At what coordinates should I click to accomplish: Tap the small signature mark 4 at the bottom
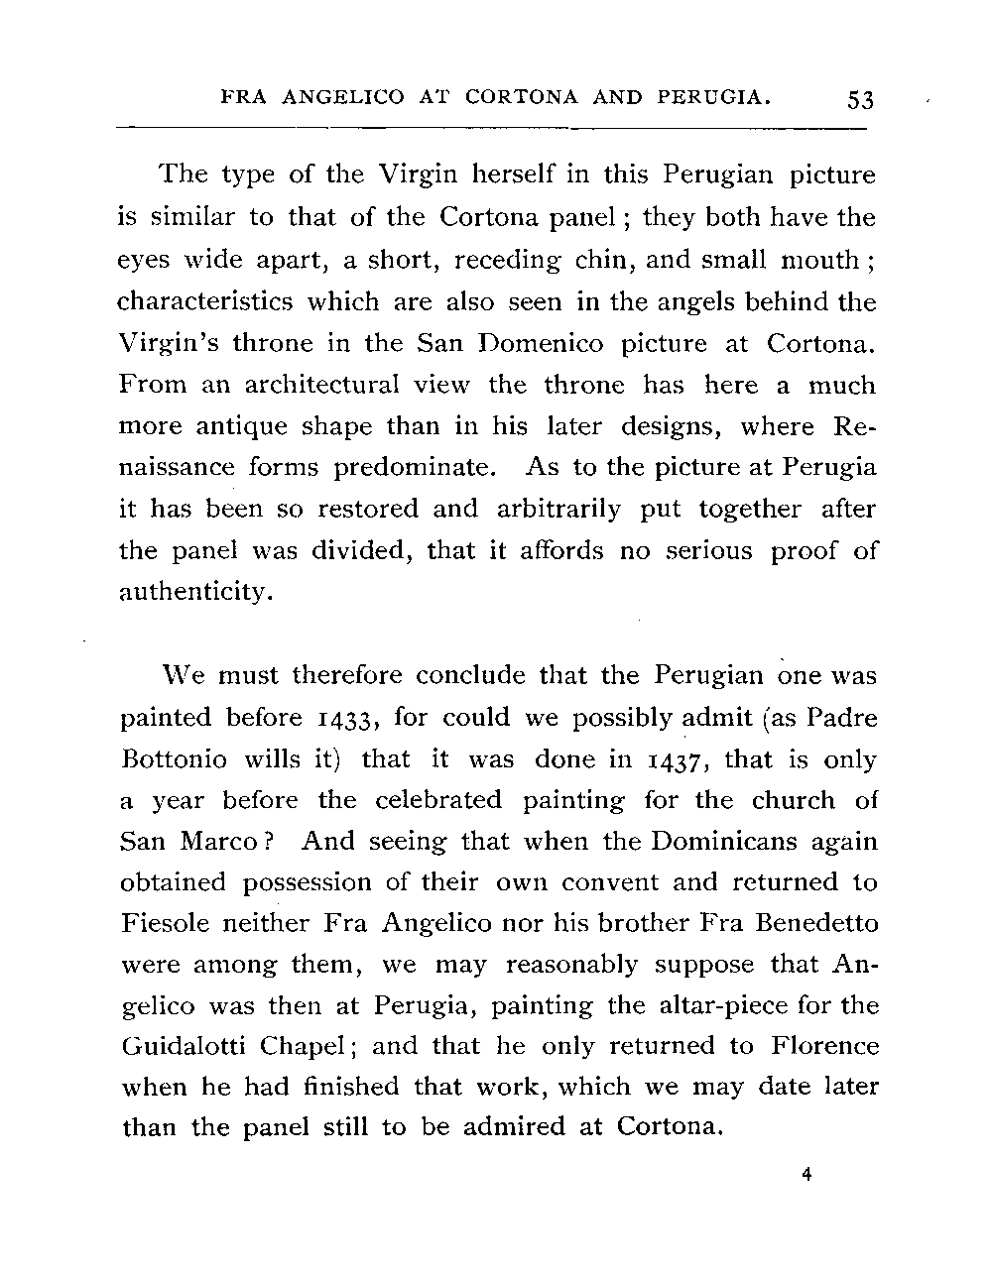806,1175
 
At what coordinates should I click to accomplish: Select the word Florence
824,1047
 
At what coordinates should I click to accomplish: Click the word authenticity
194,593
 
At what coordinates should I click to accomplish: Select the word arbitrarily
558,510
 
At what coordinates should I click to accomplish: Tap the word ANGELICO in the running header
343,98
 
